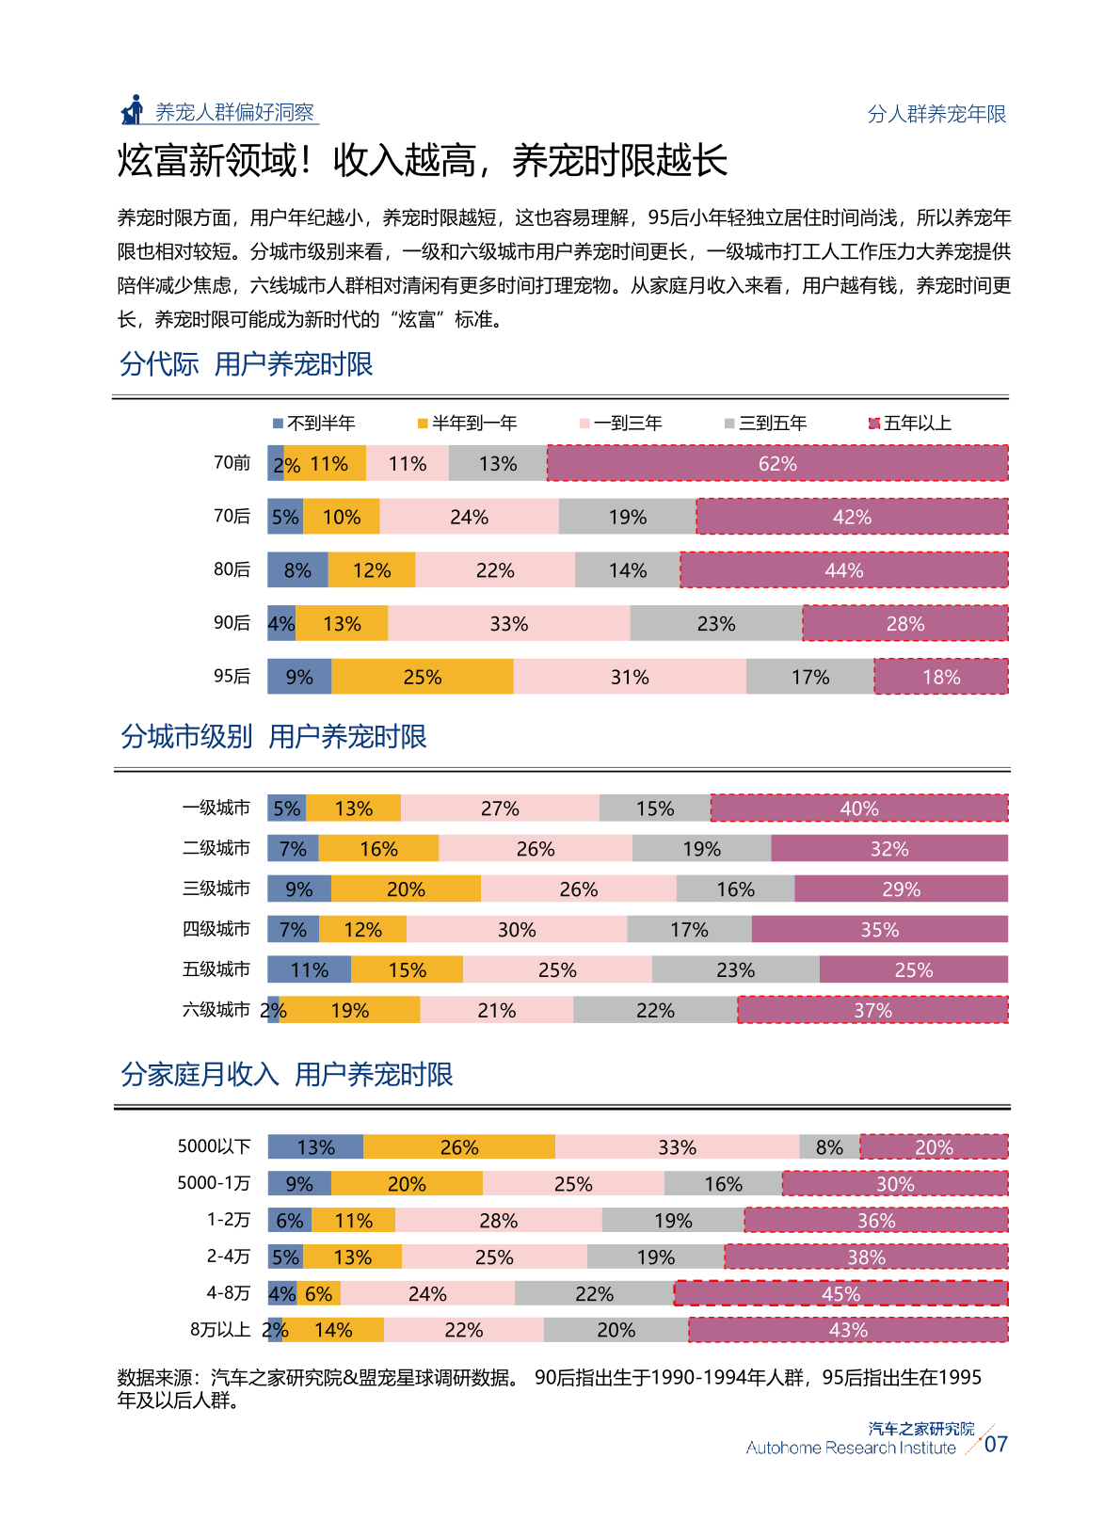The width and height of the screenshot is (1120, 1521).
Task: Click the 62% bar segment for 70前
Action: [777, 463]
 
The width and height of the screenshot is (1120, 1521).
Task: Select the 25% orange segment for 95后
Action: [423, 677]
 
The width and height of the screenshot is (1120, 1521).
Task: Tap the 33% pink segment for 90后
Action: [509, 623]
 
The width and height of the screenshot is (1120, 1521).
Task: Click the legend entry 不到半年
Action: [313, 423]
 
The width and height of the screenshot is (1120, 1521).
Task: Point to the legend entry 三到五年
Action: [766, 423]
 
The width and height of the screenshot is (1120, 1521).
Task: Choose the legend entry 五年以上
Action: [910, 423]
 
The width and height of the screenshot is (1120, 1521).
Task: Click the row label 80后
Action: [232, 569]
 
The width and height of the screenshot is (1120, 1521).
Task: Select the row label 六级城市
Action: [216, 1010]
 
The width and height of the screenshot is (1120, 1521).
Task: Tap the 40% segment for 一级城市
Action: [859, 808]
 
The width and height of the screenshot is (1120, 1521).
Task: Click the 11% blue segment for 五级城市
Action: [310, 969]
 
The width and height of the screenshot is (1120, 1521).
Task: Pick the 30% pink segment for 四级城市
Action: [517, 929]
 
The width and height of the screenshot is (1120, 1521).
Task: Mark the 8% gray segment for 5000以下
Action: [829, 1146]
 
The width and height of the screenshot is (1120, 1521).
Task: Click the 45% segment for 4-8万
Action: [841, 1293]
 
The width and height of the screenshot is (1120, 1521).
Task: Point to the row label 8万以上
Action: [220, 1330]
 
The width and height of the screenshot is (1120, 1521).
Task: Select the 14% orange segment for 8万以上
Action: [333, 1330]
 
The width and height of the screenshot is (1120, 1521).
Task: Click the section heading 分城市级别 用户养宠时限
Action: [274, 736]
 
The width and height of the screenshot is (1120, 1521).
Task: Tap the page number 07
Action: [996, 1444]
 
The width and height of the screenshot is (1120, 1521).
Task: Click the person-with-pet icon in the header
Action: [133, 110]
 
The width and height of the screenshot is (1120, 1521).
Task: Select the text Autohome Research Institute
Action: [851, 1448]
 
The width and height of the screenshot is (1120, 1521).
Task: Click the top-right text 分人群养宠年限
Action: [936, 114]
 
